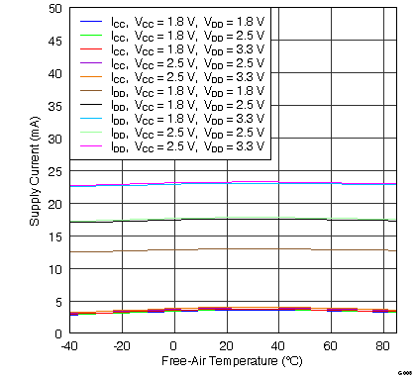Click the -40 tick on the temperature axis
click(68, 345)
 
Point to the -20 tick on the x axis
click(121, 345)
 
